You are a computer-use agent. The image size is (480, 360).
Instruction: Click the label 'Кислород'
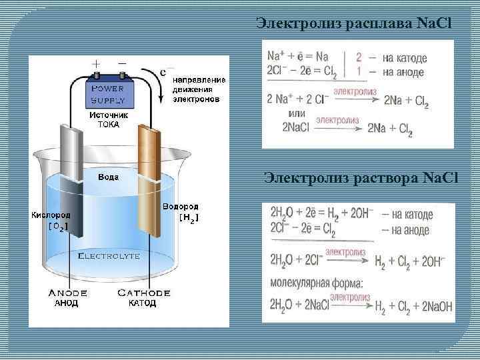[51, 216]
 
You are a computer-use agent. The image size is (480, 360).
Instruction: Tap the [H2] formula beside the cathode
[189, 217]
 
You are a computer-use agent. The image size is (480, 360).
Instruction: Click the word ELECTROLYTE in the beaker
[109, 255]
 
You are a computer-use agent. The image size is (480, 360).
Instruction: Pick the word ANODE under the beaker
[67, 293]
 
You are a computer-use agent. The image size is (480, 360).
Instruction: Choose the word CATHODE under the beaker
[143, 293]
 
